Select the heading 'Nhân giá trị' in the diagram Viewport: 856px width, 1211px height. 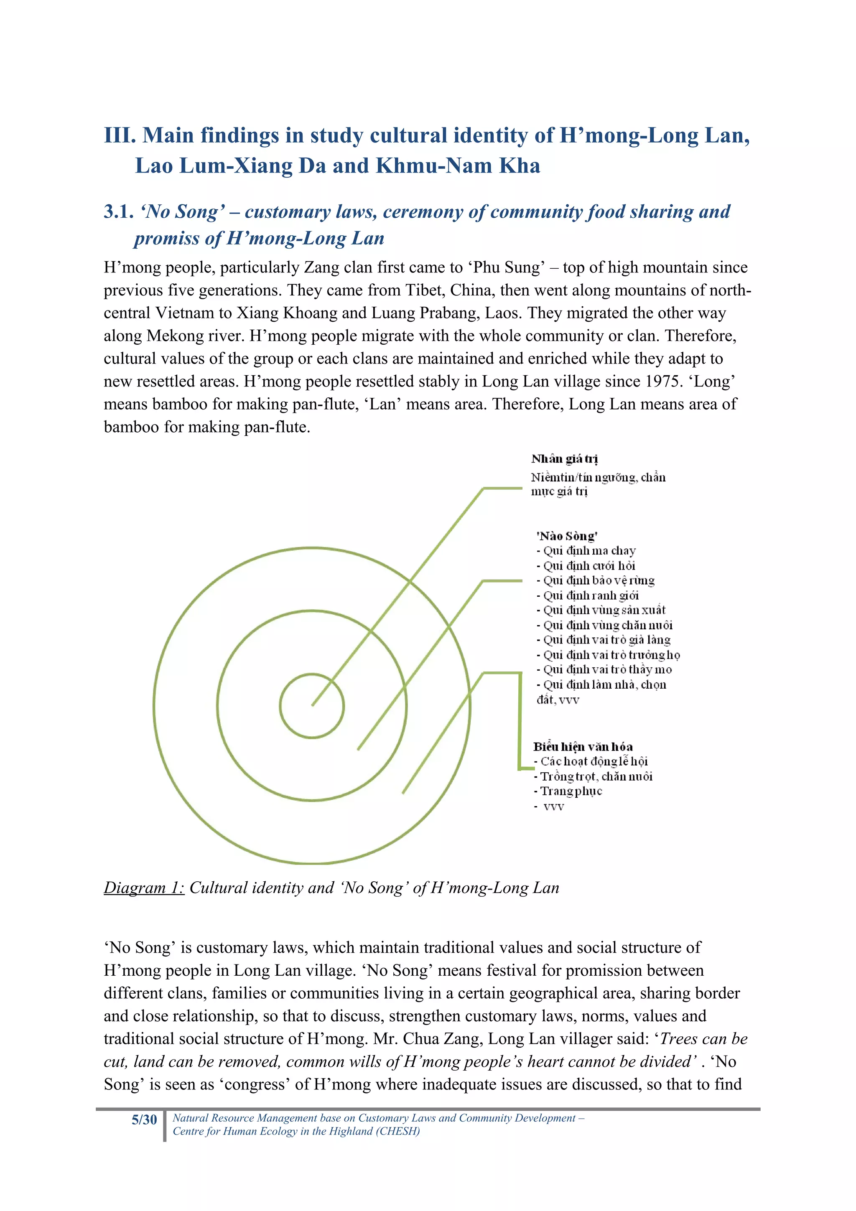(564, 458)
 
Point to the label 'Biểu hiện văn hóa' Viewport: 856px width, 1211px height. (583, 746)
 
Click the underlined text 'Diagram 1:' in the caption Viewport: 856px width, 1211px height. (144, 888)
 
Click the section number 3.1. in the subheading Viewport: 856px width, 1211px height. (118, 211)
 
